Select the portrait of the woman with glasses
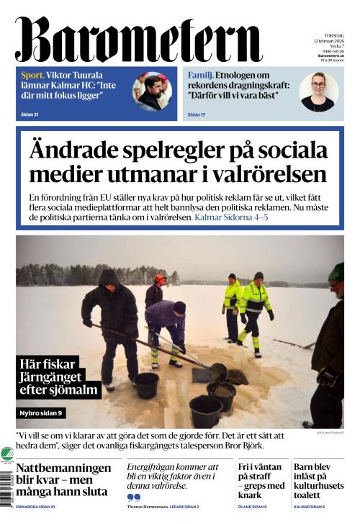click(318, 91)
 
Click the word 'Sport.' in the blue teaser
click(33, 75)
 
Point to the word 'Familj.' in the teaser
click(199, 75)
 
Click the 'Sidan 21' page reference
click(30, 114)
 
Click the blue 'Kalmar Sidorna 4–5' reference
click(231, 217)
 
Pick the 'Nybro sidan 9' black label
click(42, 413)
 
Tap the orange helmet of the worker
click(159, 279)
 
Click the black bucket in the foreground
click(205, 411)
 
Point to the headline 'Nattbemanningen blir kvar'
click(63, 480)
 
